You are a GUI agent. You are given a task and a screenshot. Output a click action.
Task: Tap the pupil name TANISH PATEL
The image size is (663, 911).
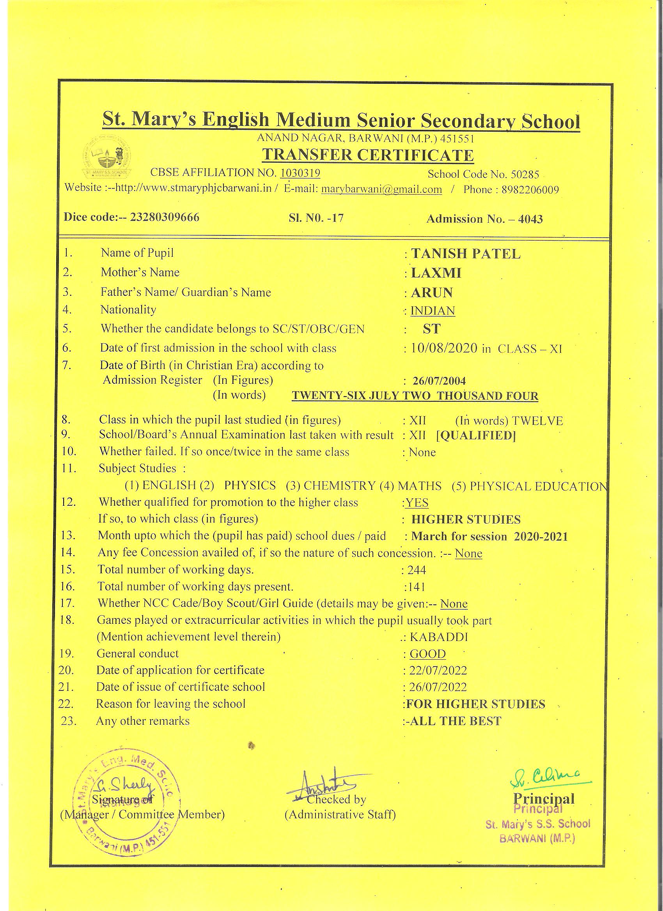(x=466, y=254)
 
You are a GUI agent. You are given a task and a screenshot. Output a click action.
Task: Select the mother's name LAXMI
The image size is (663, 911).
(x=436, y=273)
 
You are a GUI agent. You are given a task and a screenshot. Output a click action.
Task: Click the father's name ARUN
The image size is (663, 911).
(x=432, y=292)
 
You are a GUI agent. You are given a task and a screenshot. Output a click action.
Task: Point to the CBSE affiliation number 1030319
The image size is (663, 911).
(x=300, y=173)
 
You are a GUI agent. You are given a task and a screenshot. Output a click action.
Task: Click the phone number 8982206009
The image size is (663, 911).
(x=530, y=190)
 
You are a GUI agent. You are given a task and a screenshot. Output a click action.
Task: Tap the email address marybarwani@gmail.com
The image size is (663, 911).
(x=381, y=189)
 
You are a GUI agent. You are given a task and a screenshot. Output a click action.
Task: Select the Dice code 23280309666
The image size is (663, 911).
(x=165, y=217)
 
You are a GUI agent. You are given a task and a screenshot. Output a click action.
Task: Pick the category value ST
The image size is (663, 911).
(x=431, y=329)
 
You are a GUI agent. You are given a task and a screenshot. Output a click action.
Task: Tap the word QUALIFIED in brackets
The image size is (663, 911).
(x=476, y=435)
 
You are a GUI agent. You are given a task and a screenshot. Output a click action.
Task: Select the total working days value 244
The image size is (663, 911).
(x=417, y=570)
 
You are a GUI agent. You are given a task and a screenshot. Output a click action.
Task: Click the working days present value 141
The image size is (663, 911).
(x=417, y=587)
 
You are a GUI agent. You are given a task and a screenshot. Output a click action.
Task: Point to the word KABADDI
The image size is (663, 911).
(x=439, y=637)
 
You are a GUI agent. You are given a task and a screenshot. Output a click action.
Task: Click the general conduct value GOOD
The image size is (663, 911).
(x=427, y=654)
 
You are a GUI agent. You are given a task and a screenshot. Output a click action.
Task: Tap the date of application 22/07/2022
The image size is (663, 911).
(x=438, y=671)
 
